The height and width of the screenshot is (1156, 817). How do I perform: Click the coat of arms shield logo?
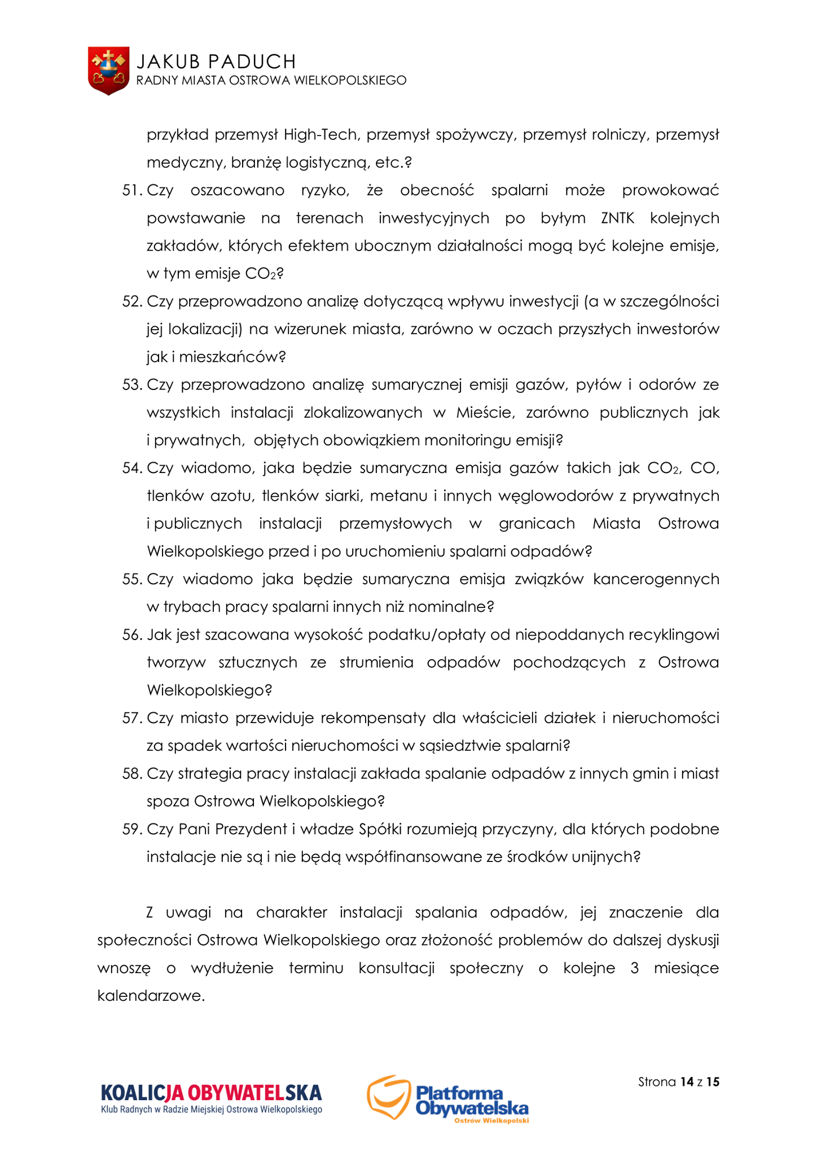click(108, 71)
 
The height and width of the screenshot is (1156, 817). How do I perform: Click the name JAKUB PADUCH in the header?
click(216, 61)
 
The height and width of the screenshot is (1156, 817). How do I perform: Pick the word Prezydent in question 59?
click(251, 830)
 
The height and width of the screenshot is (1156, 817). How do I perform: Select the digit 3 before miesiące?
click(635, 969)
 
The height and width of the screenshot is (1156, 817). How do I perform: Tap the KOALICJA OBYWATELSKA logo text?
click(211, 1093)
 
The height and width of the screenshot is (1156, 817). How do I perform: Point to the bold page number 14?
click(687, 1082)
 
